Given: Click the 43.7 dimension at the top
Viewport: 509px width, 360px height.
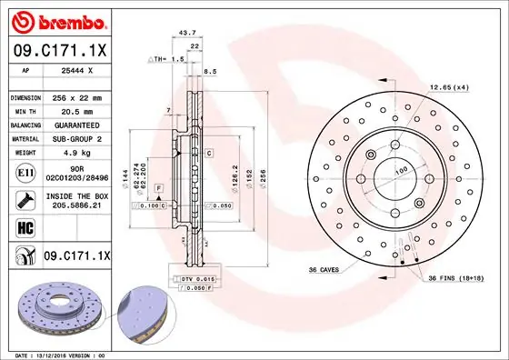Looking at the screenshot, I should point(188,33).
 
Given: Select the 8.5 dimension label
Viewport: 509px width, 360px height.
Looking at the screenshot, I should point(211,70).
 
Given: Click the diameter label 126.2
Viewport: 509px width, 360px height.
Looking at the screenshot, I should point(235,173).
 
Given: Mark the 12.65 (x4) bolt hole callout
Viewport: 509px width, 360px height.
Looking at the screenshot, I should point(449,87).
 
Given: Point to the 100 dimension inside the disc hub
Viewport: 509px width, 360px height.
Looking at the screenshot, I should point(399,170).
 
